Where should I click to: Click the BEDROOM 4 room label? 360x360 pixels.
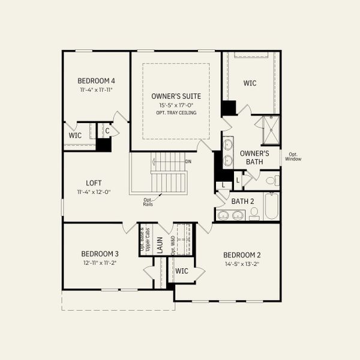pyautogui.click(x=96, y=81)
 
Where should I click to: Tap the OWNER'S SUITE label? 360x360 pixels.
pyautogui.click(x=176, y=96)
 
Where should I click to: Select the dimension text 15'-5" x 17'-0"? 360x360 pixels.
pyautogui.click(x=176, y=105)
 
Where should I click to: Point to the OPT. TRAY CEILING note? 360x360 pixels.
pyautogui.click(x=176, y=113)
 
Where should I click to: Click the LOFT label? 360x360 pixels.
pyautogui.click(x=94, y=183)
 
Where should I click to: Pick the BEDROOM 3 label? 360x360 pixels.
pyautogui.click(x=101, y=254)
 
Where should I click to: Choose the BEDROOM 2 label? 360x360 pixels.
pyautogui.click(x=241, y=254)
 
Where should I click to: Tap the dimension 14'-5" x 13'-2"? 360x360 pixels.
pyautogui.click(x=241, y=263)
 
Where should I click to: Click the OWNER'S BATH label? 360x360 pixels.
pyautogui.click(x=254, y=157)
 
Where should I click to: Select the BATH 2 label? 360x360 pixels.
pyautogui.click(x=243, y=201)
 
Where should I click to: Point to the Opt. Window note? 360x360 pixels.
pyautogui.click(x=293, y=156)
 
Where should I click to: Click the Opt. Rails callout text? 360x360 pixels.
pyautogui.click(x=148, y=202)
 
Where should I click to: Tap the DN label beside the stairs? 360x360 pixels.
pyautogui.click(x=188, y=161)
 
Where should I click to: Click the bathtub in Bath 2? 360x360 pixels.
pyautogui.click(x=271, y=206)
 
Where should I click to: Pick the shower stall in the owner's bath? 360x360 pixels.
pyautogui.click(x=268, y=130)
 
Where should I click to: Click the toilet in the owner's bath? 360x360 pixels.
pyautogui.click(x=271, y=181)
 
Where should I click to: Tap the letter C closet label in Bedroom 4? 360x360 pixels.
pyautogui.click(x=107, y=131)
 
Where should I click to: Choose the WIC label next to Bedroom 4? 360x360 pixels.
pyautogui.click(x=75, y=136)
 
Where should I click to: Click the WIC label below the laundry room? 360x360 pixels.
pyautogui.click(x=182, y=271)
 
